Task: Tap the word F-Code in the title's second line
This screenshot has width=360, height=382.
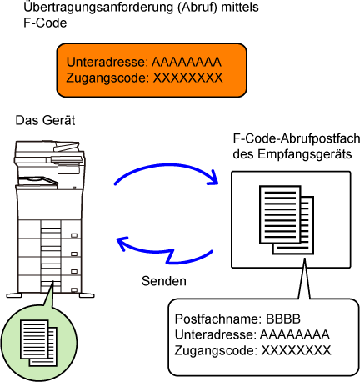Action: (x=45, y=23)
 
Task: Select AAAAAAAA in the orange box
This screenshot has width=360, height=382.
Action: (x=187, y=62)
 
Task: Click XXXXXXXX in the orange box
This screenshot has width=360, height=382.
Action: (x=188, y=78)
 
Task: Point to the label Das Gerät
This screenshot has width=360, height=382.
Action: (x=45, y=121)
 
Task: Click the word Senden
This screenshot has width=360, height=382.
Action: (x=164, y=281)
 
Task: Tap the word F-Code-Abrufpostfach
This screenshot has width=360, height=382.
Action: (x=297, y=138)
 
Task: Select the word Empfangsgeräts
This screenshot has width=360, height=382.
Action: (x=305, y=154)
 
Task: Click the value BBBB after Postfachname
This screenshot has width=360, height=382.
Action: (x=283, y=319)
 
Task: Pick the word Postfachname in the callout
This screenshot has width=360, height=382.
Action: (x=218, y=319)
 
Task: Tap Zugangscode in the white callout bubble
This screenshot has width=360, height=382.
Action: (x=214, y=350)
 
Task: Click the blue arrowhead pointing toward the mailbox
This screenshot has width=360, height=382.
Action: (x=213, y=177)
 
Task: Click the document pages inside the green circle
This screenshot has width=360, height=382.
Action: (x=38, y=343)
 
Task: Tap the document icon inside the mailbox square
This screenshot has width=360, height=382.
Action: (x=287, y=219)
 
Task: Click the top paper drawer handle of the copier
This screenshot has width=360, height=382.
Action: (x=74, y=235)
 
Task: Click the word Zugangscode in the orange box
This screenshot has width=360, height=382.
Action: (x=106, y=78)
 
